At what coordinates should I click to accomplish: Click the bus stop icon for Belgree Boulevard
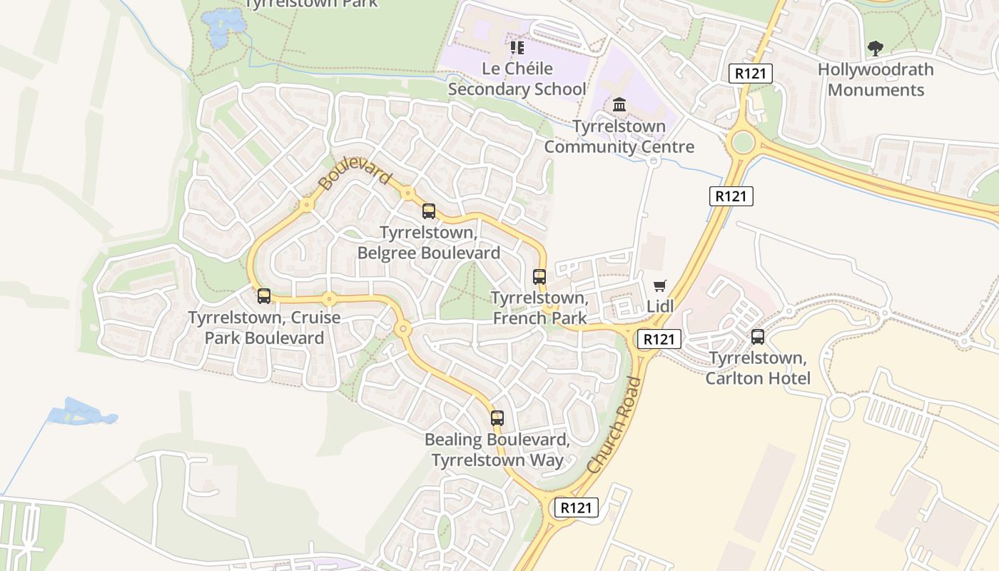[429, 211]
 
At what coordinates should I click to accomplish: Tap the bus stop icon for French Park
[539, 276]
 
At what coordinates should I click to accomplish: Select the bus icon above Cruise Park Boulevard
[264, 295]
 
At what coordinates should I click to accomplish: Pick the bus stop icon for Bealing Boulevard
[497, 418]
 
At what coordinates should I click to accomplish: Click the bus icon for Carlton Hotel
[758, 336]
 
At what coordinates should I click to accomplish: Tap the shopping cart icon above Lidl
[660, 285]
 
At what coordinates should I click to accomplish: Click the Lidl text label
[660, 306]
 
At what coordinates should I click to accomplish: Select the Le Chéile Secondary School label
[517, 79]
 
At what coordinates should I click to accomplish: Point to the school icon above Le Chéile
[517, 48]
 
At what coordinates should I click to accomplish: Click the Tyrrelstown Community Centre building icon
[619, 106]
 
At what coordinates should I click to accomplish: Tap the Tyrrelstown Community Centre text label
[619, 137]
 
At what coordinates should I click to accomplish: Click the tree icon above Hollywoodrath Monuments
[875, 49]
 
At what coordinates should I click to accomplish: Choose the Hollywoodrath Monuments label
[876, 80]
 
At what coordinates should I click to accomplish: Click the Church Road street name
[614, 425]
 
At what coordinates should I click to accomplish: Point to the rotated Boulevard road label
[355, 175]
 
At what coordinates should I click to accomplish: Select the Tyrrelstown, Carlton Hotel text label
[758, 368]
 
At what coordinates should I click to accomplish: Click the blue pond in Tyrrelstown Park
[223, 25]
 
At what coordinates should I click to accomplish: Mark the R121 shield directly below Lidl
[658, 339]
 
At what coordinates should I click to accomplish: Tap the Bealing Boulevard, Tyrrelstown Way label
[497, 450]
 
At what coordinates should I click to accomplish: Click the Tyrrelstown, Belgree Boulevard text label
[429, 243]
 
